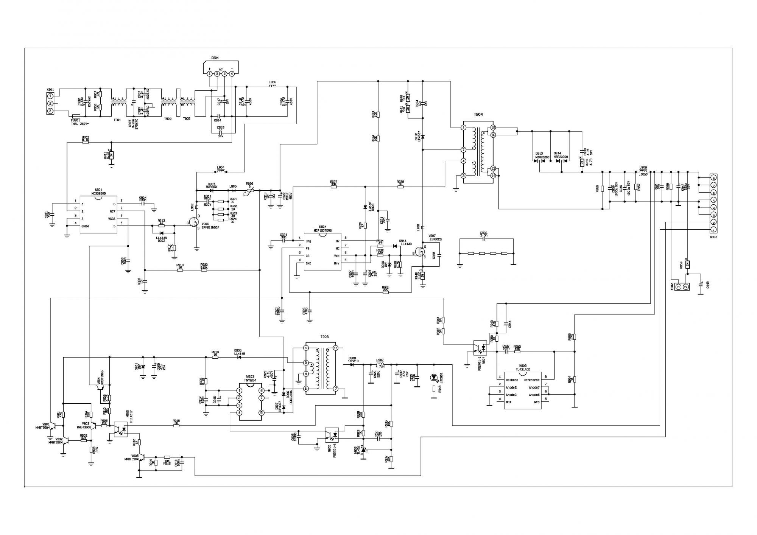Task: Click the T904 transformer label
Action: point(478,114)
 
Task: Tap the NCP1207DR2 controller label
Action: point(323,230)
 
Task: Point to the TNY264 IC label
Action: point(250,381)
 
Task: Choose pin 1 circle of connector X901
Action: point(50,96)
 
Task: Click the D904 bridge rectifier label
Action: point(215,58)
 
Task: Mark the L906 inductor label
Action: point(273,82)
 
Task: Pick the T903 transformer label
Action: point(324,337)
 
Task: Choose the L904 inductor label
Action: point(221,168)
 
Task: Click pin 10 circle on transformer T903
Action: point(335,348)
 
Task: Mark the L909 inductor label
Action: point(643,167)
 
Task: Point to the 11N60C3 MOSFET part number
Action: point(436,240)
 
